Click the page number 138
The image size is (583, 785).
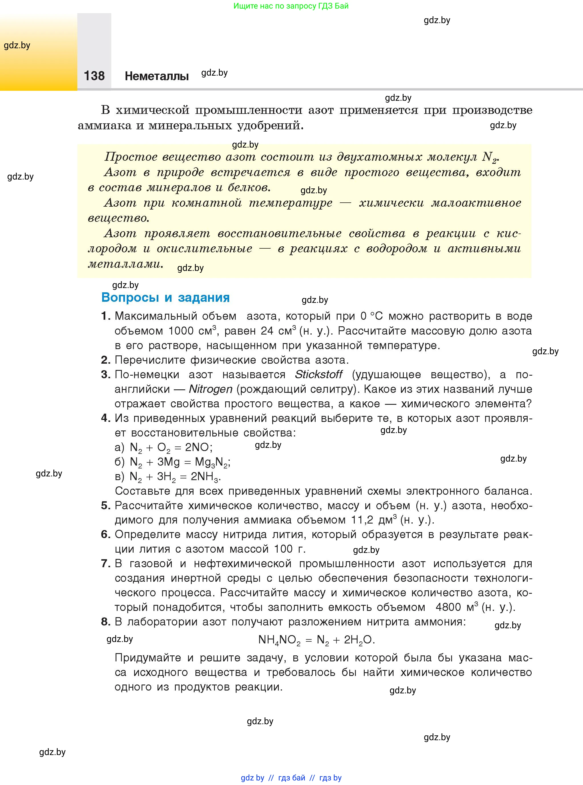(x=94, y=76)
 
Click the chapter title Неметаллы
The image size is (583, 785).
(x=157, y=76)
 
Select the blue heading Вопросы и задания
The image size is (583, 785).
(x=165, y=297)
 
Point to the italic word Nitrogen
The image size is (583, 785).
(x=210, y=389)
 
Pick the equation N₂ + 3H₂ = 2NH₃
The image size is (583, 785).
(x=175, y=477)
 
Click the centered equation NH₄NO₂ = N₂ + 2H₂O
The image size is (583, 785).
(x=316, y=640)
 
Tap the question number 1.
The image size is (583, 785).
(x=106, y=316)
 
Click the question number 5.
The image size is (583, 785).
(x=106, y=506)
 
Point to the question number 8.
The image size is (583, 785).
(x=106, y=621)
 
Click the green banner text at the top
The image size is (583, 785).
(x=291, y=6)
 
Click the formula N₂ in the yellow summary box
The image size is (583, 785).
(x=489, y=157)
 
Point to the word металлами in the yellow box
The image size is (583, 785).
(x=125, y=264)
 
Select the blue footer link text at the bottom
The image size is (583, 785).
(x=291, y=778)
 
